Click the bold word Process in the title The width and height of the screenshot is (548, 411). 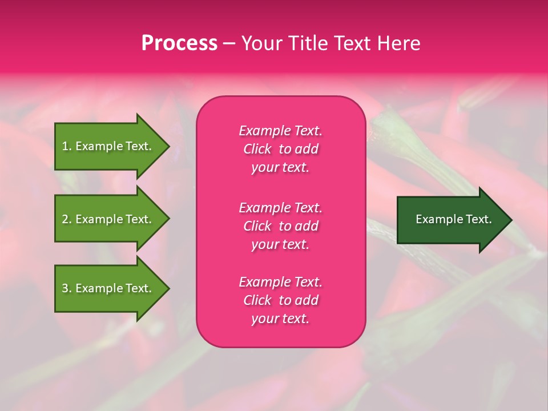click(x=179, y=43)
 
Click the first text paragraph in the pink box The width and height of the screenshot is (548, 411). click(x=280, y=149)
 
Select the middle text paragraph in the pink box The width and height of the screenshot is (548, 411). click(x=280, y=226)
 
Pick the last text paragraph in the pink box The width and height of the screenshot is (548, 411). click(x=280, y=300)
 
